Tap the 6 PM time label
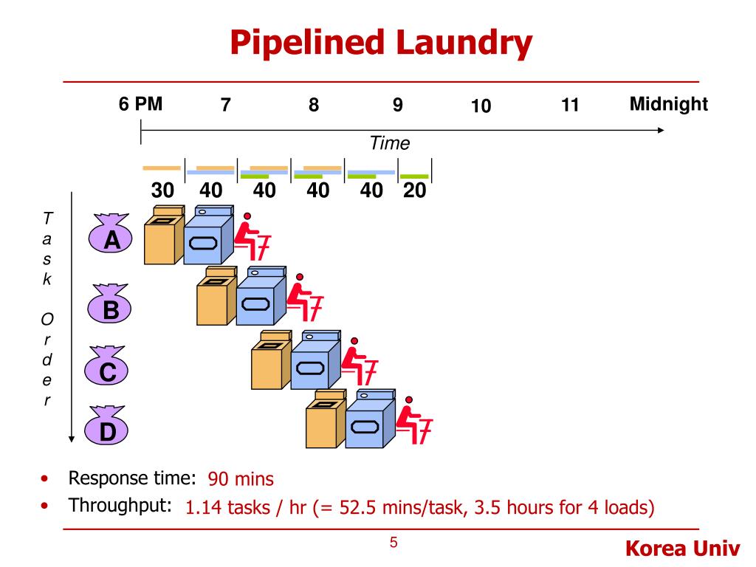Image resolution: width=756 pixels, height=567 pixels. click(x=140, y=104)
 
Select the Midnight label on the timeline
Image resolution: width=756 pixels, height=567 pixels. click(x=668, y=104)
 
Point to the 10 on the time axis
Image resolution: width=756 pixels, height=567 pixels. click(x=481, y=106)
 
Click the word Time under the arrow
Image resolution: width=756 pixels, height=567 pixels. click(x=389, y=143)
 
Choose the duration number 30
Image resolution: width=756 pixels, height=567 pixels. click(x=162, y=190)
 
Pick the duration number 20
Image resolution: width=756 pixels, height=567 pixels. click(x=415, y=190)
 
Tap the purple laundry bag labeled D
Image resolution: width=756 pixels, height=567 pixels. click(x=108, y=429)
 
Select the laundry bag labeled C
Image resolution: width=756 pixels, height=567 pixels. click(x=108, y=369)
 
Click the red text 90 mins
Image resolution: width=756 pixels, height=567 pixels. click(x=241, y=479)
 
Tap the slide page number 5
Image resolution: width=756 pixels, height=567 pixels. click(x=394, y=543)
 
